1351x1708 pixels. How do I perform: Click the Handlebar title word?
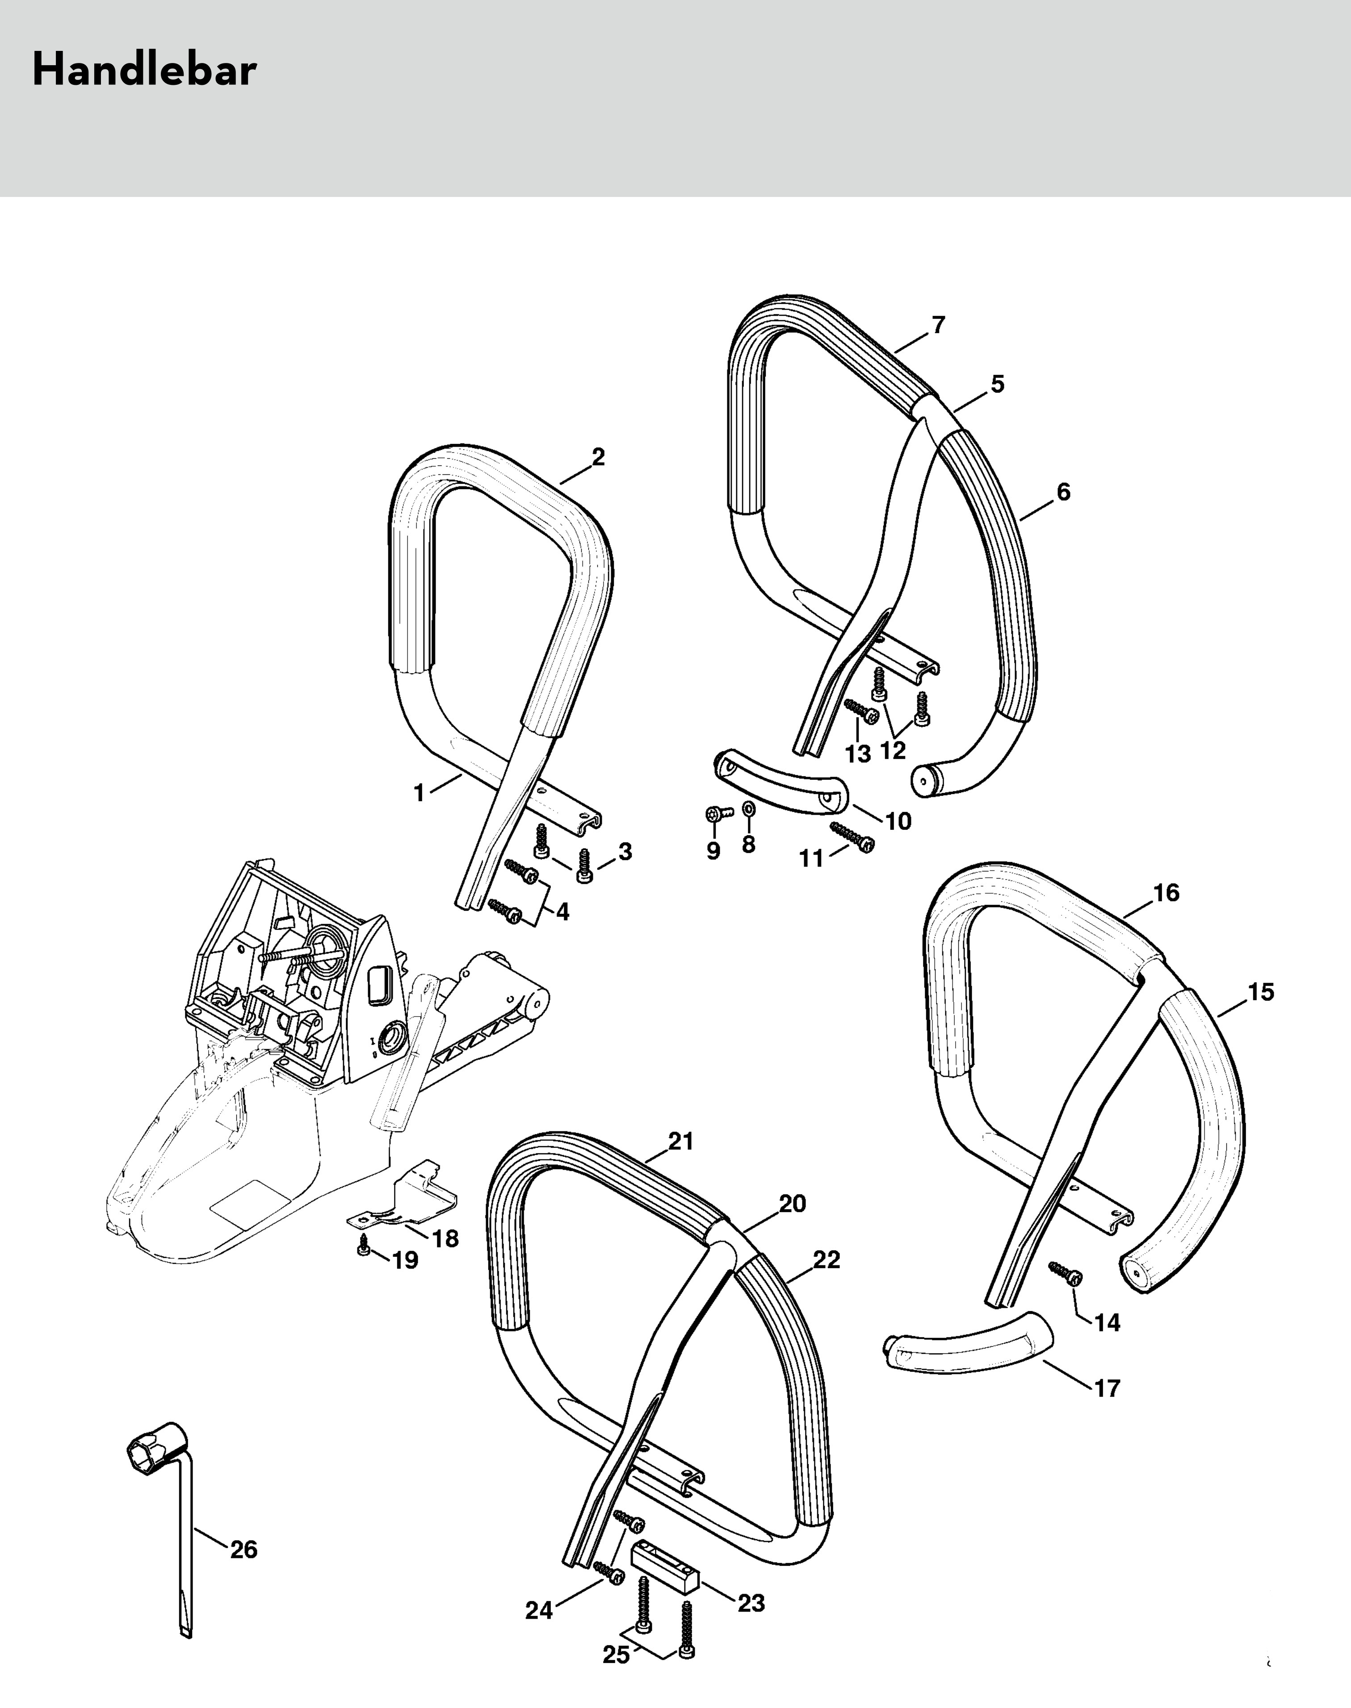tap(144, 71)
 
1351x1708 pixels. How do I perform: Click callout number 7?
tap(938, 325)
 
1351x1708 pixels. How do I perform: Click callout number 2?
tap(598, 457)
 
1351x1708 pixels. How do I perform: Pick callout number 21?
tap(680, 1141)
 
